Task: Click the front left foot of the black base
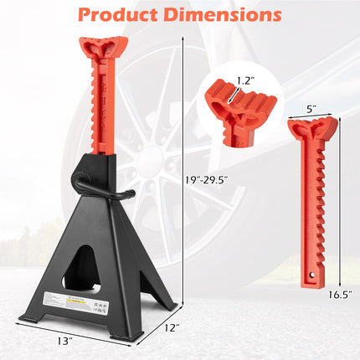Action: point(33,318)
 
